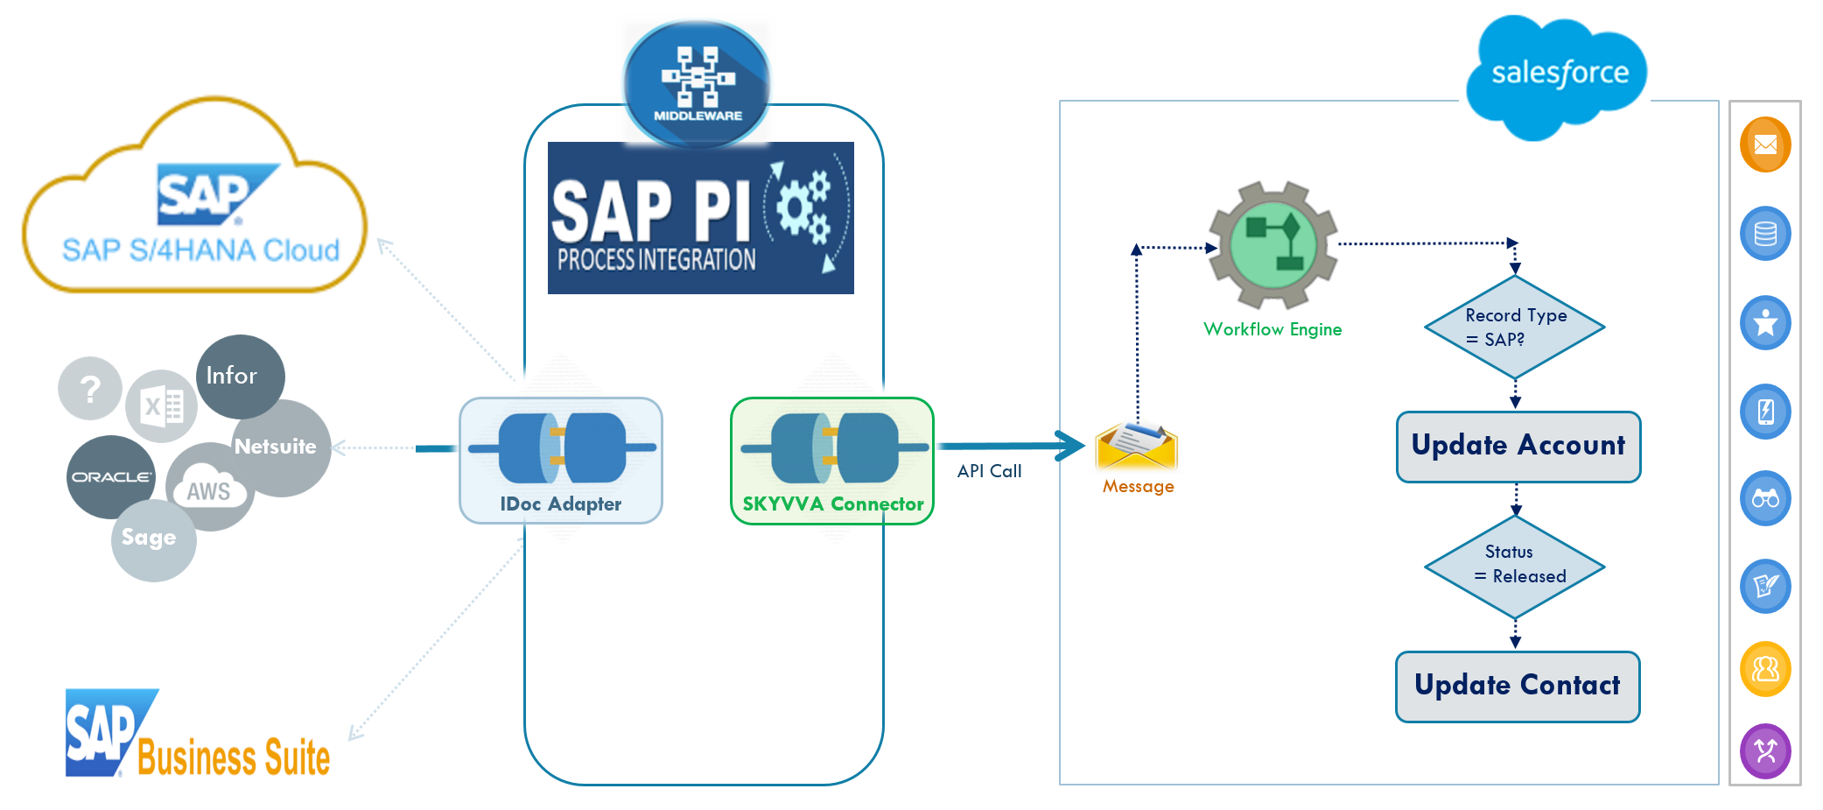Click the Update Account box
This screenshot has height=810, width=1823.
pos(1518,447)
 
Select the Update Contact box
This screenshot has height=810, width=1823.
pos(1517,687)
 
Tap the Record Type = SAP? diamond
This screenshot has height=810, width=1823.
pos(1514,328)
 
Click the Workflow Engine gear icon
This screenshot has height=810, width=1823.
pos(1273,245)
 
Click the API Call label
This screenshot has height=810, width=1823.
pos(989,471)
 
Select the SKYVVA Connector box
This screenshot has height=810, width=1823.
pos(831,461)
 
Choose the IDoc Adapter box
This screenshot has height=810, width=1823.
pos(561,461)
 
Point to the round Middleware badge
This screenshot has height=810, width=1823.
pos(697,84)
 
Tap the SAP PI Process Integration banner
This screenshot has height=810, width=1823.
pos(700,219)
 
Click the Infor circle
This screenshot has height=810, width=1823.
pos(239,377)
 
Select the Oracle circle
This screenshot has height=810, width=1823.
pos(110,476)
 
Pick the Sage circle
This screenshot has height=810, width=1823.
pos(152,539)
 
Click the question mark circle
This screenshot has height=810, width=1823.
pos(89,388)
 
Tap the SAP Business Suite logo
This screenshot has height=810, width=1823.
pos(198,736)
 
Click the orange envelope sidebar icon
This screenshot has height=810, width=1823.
pos(1764,144)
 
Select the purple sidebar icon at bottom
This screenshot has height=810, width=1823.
pos(1764,750)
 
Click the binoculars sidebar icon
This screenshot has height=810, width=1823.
pos(1764,499)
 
